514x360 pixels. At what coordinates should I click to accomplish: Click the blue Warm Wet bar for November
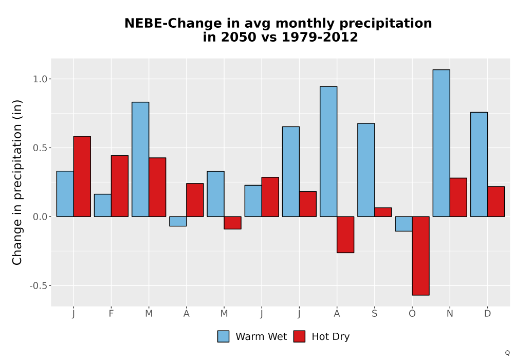coord(441,143)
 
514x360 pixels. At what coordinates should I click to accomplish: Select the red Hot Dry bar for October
coord(420,256)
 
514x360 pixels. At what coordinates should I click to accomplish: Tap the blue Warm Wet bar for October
coord(403,224)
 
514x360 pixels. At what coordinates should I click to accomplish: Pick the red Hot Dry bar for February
coord(120,186)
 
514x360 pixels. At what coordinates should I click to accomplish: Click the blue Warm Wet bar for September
coord(366,170)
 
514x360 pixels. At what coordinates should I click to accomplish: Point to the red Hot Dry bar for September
coord(383,212)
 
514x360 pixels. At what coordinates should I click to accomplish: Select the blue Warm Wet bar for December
coord(479,164)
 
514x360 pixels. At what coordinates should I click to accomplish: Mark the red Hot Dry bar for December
coord(496,202)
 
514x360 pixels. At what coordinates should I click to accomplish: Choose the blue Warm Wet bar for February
coord(103,205)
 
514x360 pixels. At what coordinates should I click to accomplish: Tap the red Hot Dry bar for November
coord(458,197)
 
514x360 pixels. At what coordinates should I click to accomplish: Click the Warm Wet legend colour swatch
coord(223,336)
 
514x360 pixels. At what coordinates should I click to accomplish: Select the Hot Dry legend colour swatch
coord(299,336)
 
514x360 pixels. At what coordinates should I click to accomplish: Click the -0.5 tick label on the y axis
coord(39,285)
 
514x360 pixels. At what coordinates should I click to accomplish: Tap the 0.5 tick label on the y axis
coord(40,148)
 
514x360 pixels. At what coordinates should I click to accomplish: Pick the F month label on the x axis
coord(111,314)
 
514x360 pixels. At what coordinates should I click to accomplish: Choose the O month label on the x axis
coord(412,314)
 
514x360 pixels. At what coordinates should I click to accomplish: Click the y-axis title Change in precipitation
coord(17,182)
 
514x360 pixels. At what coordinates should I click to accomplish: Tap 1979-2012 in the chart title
coord(320,37)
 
